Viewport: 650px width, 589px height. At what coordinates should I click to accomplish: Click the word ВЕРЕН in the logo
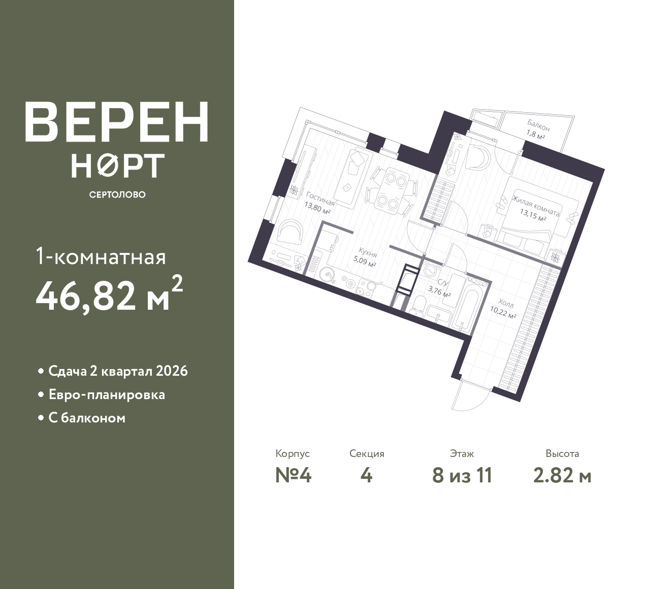(x=117, y=122)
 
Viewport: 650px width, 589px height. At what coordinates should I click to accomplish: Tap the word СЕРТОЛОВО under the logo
(x=117, y=194)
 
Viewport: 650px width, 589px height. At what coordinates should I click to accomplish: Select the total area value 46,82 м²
(x=110, y=296)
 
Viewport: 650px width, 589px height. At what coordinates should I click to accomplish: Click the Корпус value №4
(x=293, y=476)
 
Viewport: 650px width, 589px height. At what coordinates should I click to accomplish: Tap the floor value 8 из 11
(x=462, y=476)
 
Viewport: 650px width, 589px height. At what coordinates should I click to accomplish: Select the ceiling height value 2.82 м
(x=562, y=476)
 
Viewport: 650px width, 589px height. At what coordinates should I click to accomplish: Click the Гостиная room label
(x=320, y=199)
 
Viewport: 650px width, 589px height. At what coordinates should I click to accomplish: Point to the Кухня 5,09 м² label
(x=366, y=256)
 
